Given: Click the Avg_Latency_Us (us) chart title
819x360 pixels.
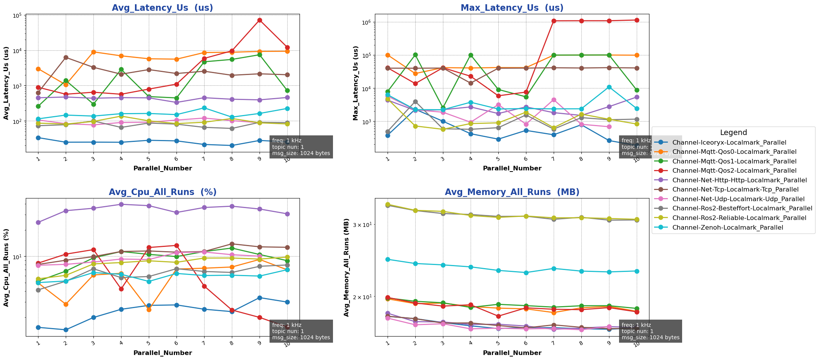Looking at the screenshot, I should [x=162, y=8].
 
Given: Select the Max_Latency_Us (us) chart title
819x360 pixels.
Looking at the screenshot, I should [x=512, y=8].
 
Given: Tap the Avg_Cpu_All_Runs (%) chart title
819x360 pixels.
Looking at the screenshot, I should [x=162, y=192].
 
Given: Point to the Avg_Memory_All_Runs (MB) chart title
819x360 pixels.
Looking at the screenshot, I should [x=512, y=192].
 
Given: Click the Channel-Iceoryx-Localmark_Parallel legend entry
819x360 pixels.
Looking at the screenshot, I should [x=729, y=143].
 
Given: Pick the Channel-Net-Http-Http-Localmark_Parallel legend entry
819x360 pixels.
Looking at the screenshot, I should [x=739, y=180].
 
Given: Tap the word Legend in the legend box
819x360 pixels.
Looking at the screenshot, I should [x=733, y=133].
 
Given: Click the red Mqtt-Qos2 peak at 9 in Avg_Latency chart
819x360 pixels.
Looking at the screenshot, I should [x=260, y=20].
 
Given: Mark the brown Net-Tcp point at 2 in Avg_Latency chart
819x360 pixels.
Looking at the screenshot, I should [x=66, y=58].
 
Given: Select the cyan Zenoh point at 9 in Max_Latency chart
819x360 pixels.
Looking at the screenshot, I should [x=609, y=87].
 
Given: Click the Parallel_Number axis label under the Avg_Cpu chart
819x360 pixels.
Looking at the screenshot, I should [x=162, y=353].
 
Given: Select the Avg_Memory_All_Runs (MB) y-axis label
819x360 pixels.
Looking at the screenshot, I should [x=346, y=267].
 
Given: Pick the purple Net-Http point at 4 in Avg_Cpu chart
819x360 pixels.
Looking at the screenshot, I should [x=121, y=204].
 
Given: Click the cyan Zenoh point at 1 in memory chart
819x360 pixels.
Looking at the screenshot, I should [x=388, y=259].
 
